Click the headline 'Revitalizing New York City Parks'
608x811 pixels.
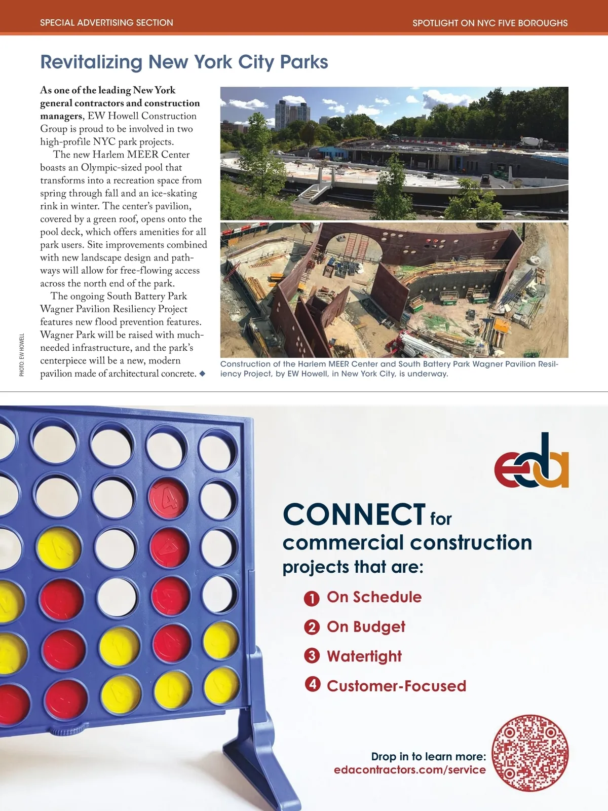(184, 62)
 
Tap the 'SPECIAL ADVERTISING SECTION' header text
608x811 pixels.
(106, 23)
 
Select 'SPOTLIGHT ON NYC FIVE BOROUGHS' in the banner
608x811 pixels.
(489, 23)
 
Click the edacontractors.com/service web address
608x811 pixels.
(409, 770)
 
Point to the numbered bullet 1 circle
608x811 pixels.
(312, 599)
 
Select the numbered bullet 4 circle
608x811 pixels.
(312, 685)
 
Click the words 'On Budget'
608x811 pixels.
(366, 627)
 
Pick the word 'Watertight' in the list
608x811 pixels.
(364, 656)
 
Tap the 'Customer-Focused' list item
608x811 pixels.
(396, 686)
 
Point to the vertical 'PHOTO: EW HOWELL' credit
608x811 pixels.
(22, 355)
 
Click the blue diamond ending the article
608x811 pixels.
(202, 374)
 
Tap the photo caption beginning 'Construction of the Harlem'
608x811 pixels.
(389, 369)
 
